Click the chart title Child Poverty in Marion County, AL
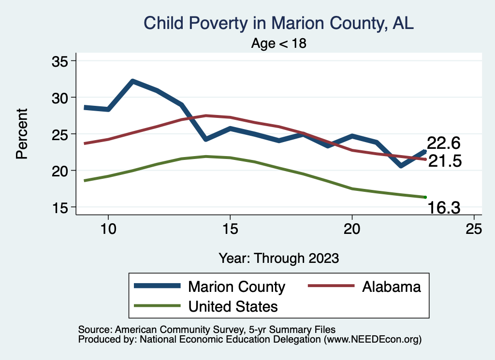pyautogui.click(x=279, y=23)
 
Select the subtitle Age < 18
pyautogui.click(x=279, y=43)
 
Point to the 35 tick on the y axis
pyautogui.click(x=60, y=61)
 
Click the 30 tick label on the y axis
pyautogui.click(x=60, y=98)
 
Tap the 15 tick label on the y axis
pyautogui.click(x=60, y=207)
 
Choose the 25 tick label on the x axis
pyautogui.click(x=474, y=229)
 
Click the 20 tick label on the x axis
pyautogui.click(x=352, y=229)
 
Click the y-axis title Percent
pyautogui.click(x=22, y=134)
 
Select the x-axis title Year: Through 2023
pyautogui.click(x=278, y=258)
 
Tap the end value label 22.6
pyautogui.click(x=443, y=143)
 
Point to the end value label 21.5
pyautogui.click(x=445, y=161)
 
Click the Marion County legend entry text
pyautogui.click(x=236, y=287)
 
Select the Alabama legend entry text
pyautogui.click(x=392, y=287)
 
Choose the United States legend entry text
pyautogui.click(x=233, y=306)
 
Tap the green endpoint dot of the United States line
pyautogui.click(x=425, y=197)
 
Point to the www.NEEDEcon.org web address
pyautogui.click(x=372, y=340)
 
